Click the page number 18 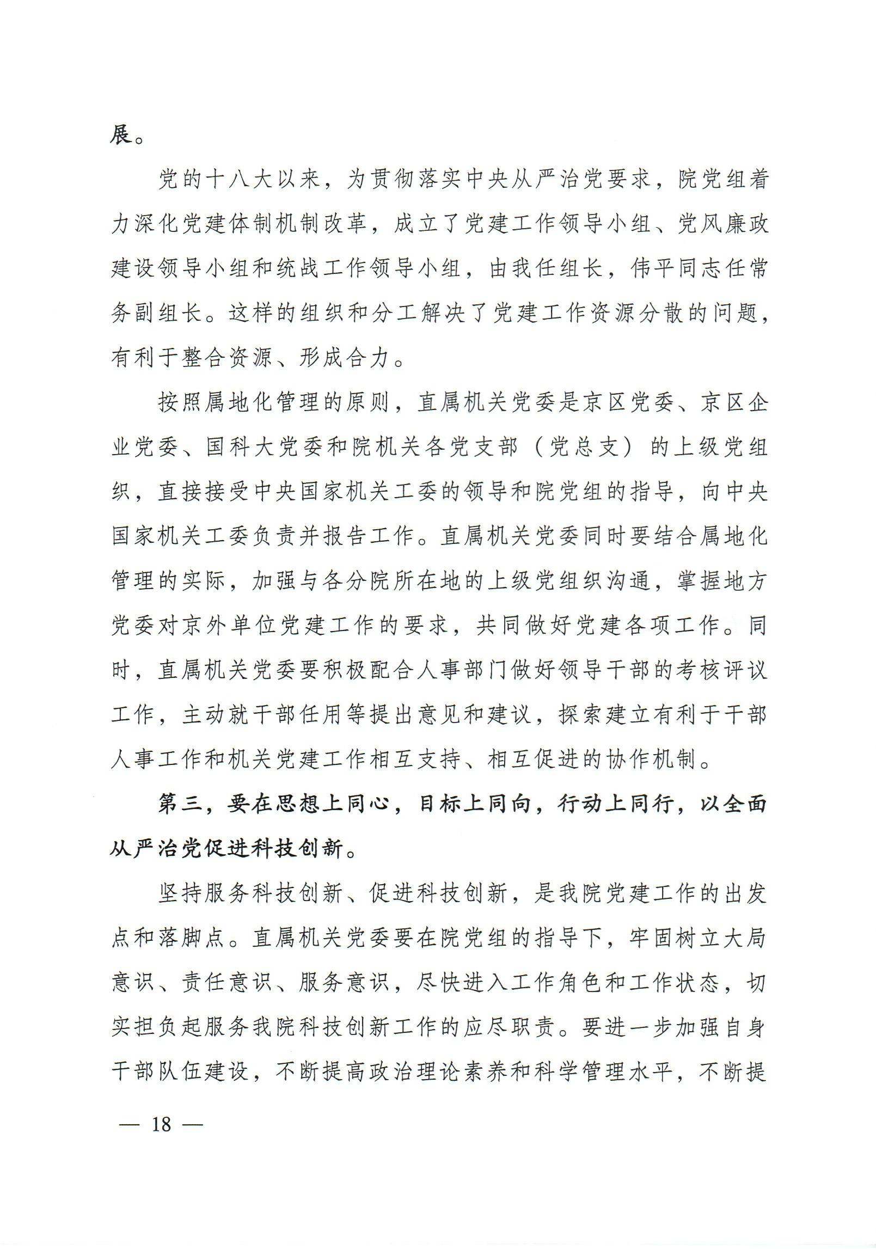161,1123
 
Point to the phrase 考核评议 719,671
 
